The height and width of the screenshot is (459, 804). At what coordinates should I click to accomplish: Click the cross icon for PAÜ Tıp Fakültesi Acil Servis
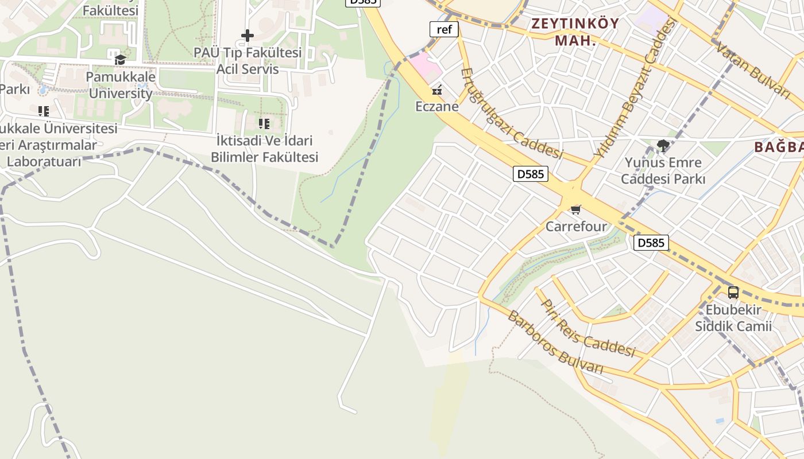click(247, 36)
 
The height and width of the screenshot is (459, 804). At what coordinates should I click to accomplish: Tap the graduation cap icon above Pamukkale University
click(120, 60)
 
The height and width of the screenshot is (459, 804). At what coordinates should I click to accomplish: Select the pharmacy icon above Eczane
click(437, 90)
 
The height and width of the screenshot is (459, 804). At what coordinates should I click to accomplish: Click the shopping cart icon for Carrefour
click(575, 210)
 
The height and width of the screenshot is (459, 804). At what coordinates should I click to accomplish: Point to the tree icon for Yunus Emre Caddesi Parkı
click(663, 145)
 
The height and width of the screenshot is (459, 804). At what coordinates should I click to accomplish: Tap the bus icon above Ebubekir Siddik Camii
click(733, 293)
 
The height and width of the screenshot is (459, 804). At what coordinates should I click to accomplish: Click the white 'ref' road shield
click(444, 29)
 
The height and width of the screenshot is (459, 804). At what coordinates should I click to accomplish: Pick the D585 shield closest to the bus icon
click(651, 243)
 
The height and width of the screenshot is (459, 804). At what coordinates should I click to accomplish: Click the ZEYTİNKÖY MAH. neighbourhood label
click(575, 32)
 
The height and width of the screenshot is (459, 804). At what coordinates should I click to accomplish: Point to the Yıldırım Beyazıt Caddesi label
click(635, 89)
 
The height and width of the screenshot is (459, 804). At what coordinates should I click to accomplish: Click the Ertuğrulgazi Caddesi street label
click(512, 114)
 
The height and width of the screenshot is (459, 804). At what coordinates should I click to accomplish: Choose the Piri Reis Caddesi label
click(589, 328)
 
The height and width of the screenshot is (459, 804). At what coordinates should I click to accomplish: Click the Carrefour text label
click(576, 227)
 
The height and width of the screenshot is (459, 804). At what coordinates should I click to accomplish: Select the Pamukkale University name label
click(121, 84)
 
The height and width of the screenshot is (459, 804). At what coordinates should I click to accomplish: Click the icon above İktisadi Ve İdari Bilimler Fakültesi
click(264, 124)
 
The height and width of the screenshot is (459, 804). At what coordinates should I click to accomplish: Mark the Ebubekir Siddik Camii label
click(733, 318)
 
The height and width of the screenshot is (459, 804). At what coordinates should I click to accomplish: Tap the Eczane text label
click(437, 107)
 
